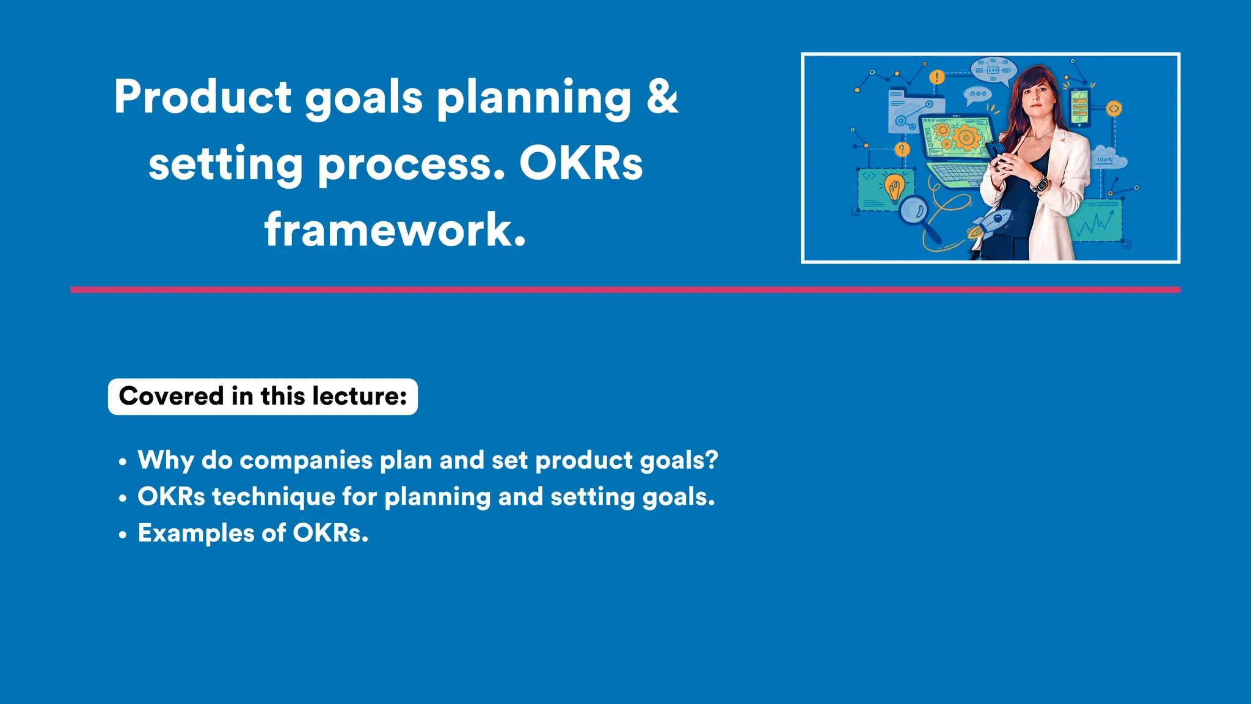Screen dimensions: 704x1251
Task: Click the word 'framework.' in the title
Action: (395, 230)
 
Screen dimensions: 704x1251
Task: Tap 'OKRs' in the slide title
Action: (581, 164)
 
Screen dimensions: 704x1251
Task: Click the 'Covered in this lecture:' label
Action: (263, 397)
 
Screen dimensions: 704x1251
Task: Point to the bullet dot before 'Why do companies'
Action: (123, 462)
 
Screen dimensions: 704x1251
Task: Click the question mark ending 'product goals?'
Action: (711, 460)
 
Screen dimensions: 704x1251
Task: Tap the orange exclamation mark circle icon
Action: (936, 77)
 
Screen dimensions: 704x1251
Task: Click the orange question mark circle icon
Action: (902, 150)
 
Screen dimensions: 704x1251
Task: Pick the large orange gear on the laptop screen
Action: (966, 137)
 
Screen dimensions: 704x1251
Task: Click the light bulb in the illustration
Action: (895, 186)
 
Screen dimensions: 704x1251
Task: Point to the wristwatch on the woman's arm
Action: (1039, 183)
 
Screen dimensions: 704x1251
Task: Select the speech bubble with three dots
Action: (977, 94)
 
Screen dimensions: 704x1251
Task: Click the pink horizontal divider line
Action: (625, 290)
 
